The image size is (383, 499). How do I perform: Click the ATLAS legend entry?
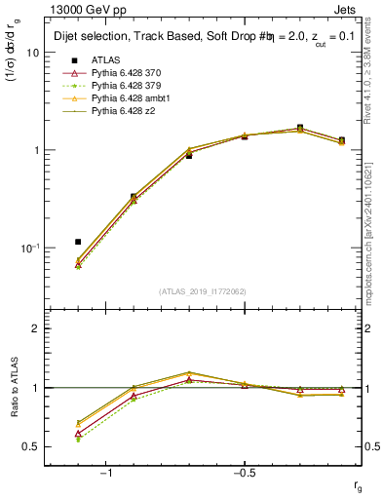coord(105,59)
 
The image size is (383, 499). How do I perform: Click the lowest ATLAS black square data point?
coord(78,241)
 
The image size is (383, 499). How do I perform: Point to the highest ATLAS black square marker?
coord(300,128)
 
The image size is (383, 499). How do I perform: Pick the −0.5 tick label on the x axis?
coord(243,473)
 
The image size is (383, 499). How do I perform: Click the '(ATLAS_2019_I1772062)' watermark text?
coord(203,290)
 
